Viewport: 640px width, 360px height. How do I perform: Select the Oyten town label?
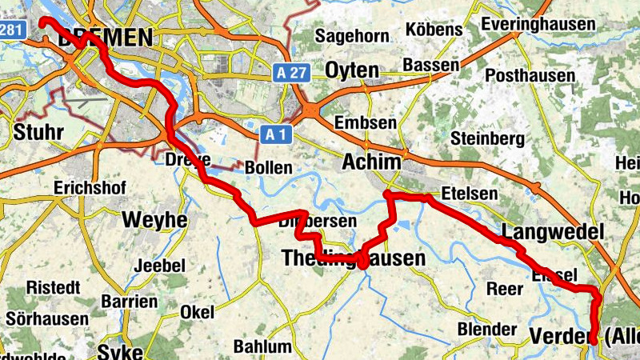point(351,70)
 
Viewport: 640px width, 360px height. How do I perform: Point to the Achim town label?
point(371,162)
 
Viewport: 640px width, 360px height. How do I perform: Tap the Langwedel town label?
point(552,233)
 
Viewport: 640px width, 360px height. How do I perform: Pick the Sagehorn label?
point(352,36)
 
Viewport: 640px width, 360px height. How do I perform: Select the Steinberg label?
point(487,138)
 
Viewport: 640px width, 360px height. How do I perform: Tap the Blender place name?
point(486,329)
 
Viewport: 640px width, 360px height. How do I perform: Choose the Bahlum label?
point(262,346)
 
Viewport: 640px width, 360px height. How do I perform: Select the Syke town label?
point(120,352)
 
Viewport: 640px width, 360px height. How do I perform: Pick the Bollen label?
point(268,169)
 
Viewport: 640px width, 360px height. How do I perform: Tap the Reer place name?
point(505,290)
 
